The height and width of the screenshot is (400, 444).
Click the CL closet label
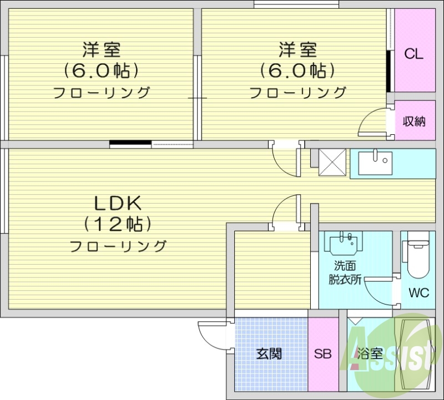tap(413, 54)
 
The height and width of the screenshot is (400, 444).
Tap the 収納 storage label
tap(414, 121)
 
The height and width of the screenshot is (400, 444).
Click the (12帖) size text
tap(118, 224)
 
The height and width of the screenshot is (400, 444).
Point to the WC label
tap(418, 293)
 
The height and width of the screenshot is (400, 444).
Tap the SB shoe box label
tap(322, 353)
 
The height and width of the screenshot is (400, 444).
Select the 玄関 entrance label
tap(269, 353)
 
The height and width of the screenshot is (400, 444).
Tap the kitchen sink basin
tap(375, 162)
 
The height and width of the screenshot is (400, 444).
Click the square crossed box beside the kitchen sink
tap(332, 162)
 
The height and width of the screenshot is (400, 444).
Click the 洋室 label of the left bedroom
tap(102, 50)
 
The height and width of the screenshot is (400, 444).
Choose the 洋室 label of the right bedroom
tap(297, 50)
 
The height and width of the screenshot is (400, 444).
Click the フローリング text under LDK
tap(118, 246)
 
